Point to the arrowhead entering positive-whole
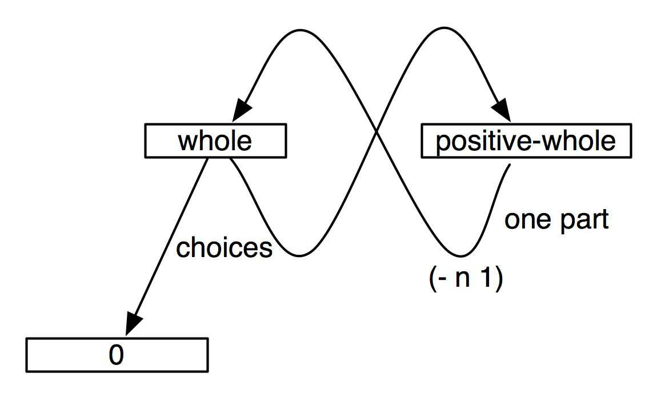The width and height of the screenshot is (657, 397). coord(502,111)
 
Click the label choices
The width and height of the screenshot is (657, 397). coord(224,247)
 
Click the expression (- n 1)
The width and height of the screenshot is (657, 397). coord(466,277)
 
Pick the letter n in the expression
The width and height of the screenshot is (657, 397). coord(463,279)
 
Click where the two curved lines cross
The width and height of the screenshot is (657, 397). coord(376,132)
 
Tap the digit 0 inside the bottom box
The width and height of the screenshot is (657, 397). coord(117,355)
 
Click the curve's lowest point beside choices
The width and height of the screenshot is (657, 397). coord(299,255)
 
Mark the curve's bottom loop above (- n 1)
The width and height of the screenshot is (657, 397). coord(461,255)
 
